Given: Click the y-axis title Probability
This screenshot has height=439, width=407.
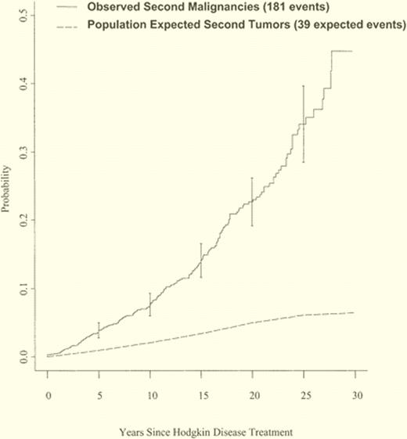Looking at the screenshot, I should click(x=8, y=188).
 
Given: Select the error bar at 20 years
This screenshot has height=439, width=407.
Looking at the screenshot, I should click(x=252, y=202).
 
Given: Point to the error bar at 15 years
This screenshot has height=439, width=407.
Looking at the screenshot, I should click(x=201, y=261).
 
